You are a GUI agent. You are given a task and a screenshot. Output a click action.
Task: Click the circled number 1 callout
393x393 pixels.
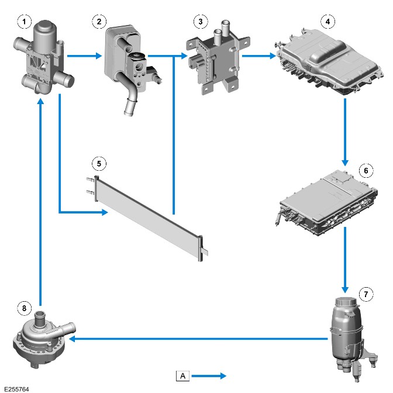click(x=25, y=22)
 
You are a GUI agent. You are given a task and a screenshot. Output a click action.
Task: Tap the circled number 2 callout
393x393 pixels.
click(x=99, y=22)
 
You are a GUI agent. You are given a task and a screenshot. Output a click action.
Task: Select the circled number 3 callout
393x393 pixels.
click(x=201, y=22)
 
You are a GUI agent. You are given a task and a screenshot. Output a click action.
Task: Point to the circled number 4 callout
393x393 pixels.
click(x=328, y=22)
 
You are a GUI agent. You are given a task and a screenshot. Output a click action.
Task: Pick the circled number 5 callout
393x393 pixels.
click(x=99, y=164)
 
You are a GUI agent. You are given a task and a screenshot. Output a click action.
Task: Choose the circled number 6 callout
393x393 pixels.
click(x=366, y=171)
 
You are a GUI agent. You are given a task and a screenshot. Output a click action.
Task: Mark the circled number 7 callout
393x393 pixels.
click(x=366, y=294)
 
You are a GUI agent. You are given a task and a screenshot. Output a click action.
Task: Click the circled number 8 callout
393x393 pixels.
click(x=25, y=308)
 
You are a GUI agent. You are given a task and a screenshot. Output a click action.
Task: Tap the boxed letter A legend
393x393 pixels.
click(x=182, y=375)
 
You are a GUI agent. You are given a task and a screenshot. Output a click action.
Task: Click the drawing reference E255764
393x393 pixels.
click(x=16, y=389)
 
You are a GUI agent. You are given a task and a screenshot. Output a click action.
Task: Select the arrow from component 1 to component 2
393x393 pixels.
click(x=84, y=56)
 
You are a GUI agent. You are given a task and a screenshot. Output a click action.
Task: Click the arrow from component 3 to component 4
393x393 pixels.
click(x=259, y=56)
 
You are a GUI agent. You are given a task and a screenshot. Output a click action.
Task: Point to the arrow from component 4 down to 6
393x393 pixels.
click(x=345, y=132)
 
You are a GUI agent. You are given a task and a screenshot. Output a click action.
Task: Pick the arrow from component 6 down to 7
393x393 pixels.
click(x=345, y=260)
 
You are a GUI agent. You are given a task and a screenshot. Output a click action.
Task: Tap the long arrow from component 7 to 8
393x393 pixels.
click(x=198, y=339)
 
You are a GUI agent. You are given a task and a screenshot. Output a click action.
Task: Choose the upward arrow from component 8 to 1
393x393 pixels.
click(x=40, y=202)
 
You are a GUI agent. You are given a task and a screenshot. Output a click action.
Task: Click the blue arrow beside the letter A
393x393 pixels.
click(x=209, y=375)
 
